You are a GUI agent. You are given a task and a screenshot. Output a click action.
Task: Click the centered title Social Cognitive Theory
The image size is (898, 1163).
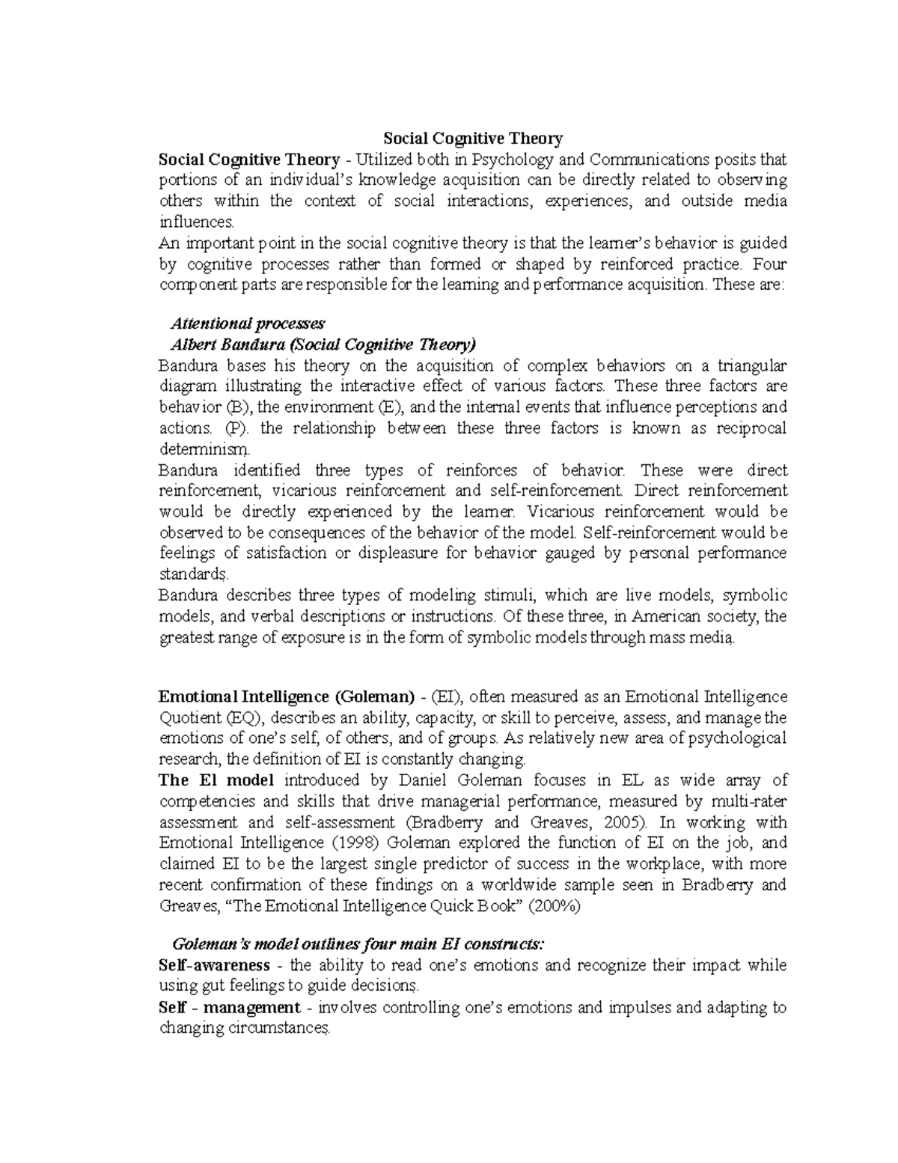(x=472, y=139)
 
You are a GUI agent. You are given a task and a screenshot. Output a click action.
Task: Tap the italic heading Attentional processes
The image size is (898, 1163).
(x=248, y=324)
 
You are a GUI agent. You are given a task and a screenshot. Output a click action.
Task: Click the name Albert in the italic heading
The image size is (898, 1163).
(x=192, y=344)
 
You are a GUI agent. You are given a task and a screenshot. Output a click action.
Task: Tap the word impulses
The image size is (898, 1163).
(x=640, y=1007)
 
